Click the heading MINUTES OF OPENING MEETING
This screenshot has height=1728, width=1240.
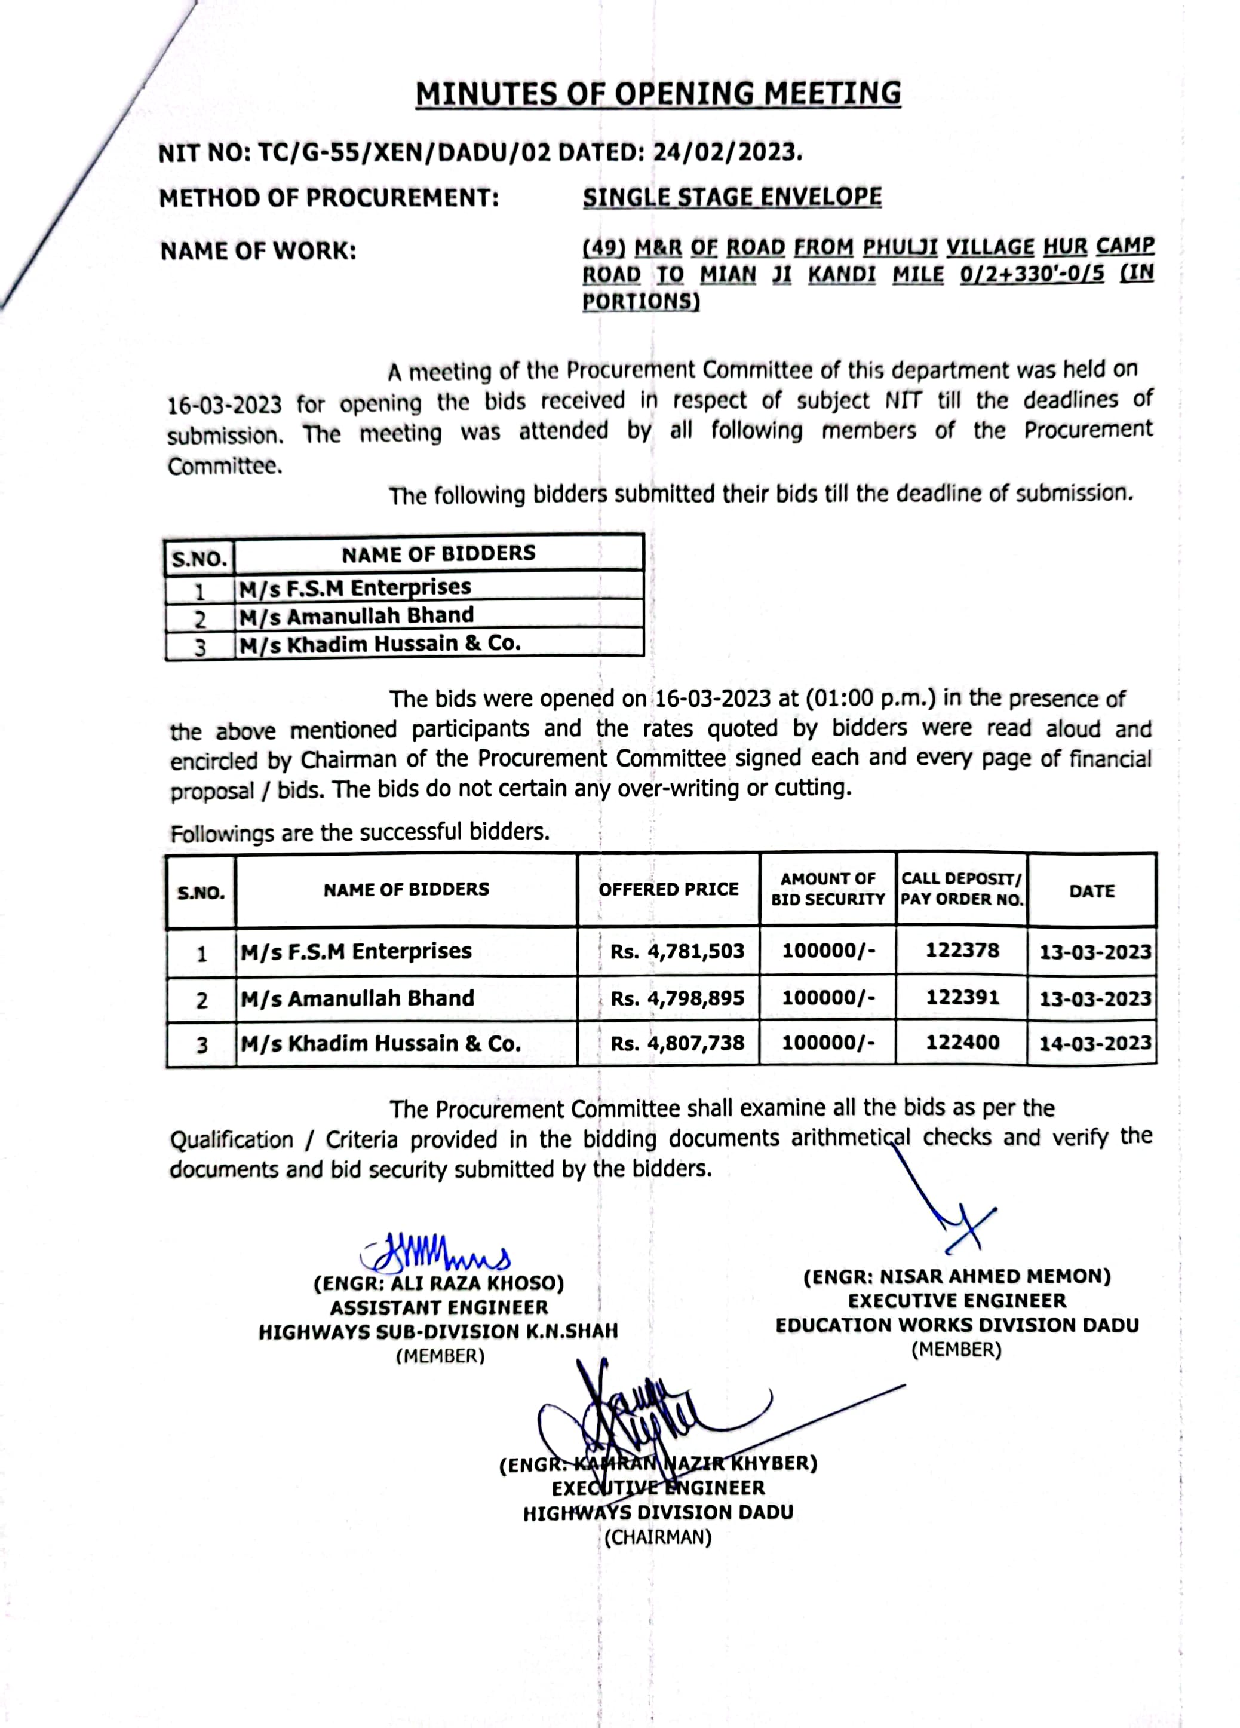click(658, 94)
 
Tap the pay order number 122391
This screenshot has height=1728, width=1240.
click(962, 997)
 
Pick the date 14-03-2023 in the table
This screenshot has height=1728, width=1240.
click(1094, 1043)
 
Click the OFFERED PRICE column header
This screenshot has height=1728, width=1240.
click(668, 889)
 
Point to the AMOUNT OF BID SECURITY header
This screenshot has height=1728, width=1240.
click(828, 889)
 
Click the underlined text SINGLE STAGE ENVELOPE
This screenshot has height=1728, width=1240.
click(732, 197)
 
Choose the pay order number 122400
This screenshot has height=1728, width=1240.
click(962, 1042)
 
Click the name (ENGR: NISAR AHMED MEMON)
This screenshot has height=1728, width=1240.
click(957, 1277)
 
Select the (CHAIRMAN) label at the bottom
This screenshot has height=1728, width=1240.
click(658, 1537)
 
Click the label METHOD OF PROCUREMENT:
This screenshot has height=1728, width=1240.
click(329, 198)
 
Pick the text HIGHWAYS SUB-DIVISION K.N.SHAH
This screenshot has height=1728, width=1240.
click(438, 1332)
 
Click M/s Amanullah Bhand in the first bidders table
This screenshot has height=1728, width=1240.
click(357, 615)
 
